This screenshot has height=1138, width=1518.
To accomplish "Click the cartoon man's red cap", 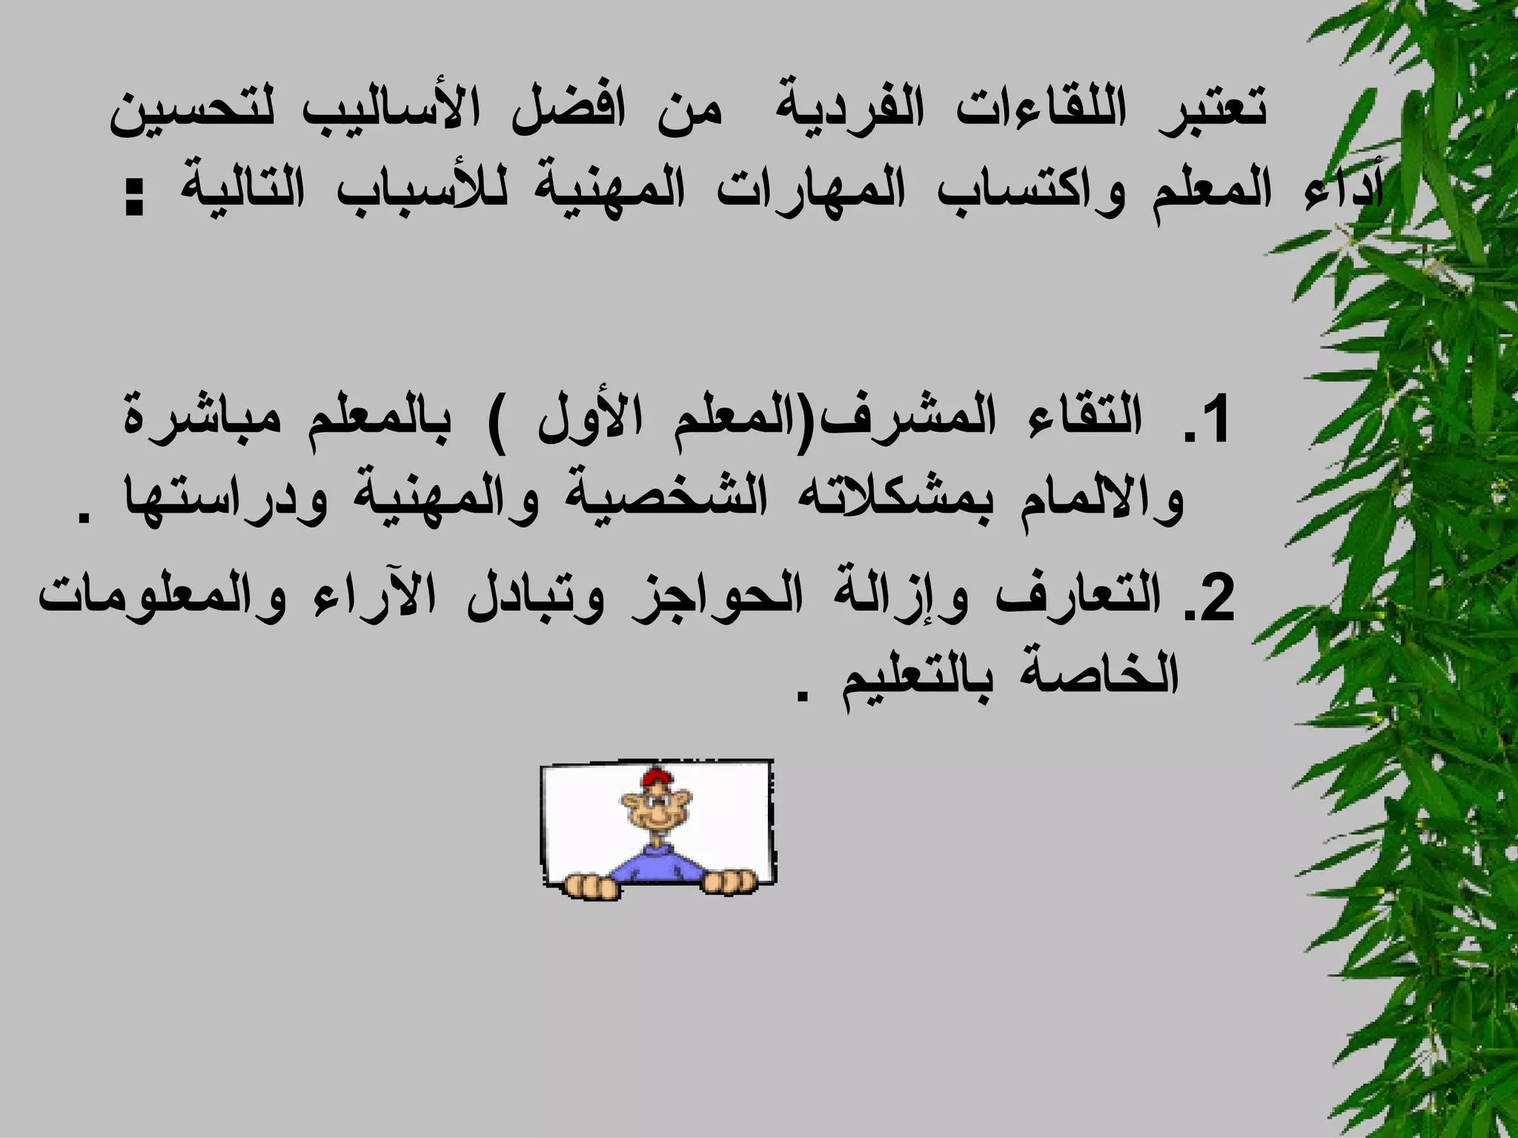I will pyautogui.click(x=656, y=778).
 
